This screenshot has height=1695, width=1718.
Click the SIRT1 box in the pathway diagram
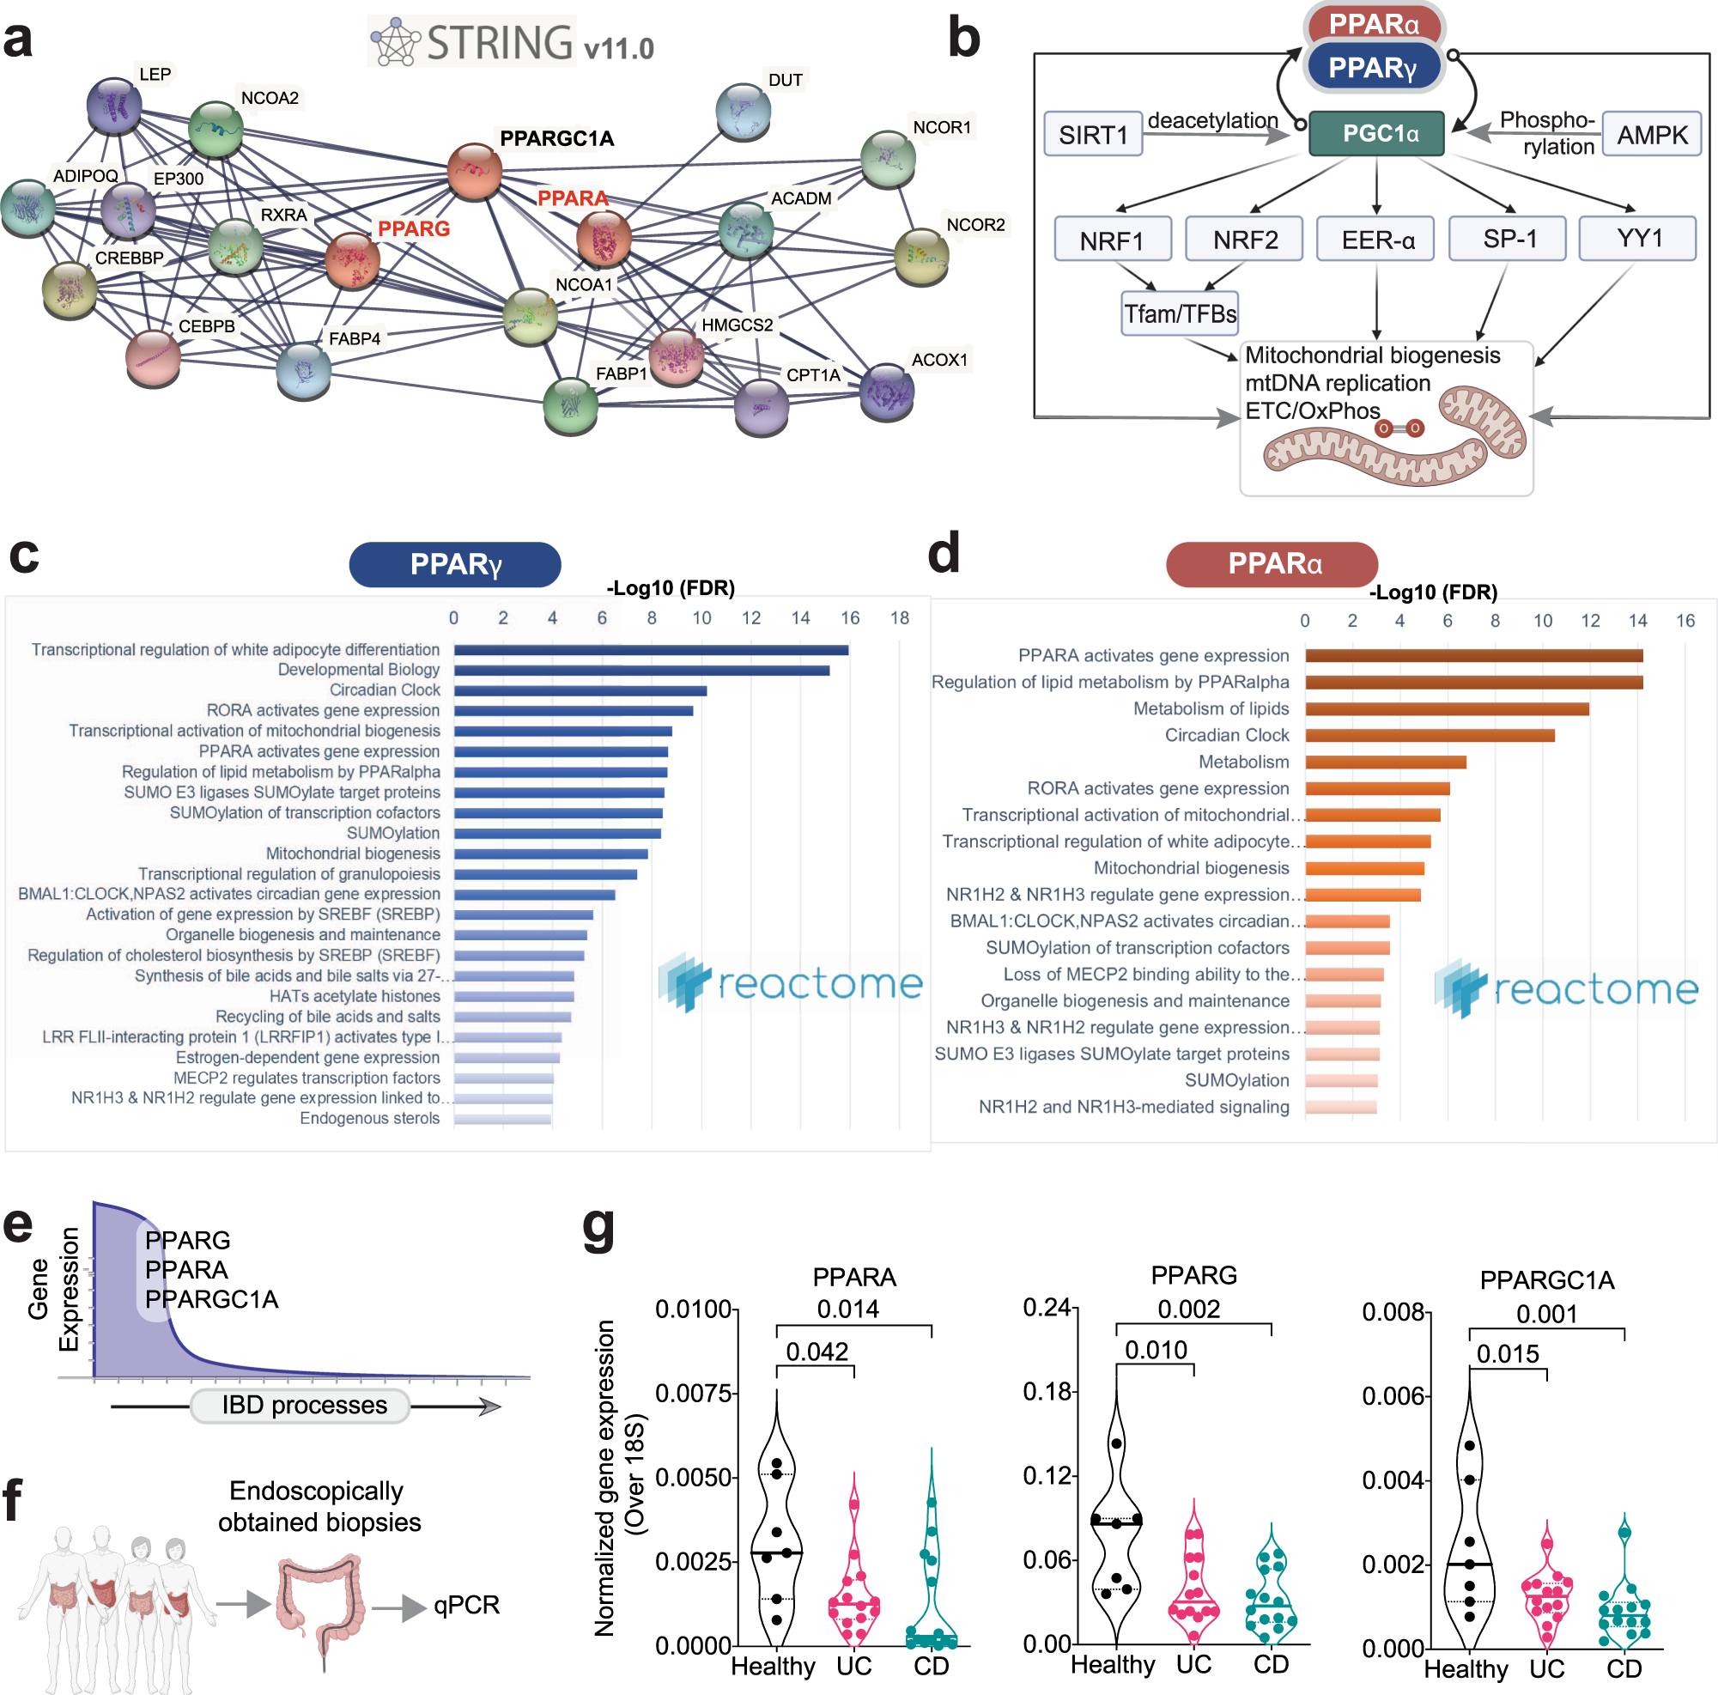pos(1092,134)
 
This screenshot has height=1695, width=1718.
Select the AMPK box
pos(1651,134)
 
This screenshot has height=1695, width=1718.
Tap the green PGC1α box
pos(1376,133)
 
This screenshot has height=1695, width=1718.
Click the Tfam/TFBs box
pos(1179,314)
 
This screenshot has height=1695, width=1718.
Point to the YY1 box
pos(1637,240)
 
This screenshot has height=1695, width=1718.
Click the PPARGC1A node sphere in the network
pos(474,170)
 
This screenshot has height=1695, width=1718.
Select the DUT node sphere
pos(743,111)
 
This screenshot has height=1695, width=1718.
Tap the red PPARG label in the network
pos(414,228)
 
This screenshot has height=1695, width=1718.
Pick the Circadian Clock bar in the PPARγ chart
pos(580,691)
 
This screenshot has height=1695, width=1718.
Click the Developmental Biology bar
pos(641,671)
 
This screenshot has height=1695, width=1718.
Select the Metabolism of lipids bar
pos(1447,708)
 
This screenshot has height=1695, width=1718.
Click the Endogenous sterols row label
pos(369,1119)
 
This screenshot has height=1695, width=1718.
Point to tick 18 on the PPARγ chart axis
pos(899,618)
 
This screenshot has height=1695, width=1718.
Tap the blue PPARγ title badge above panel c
pos(454,565)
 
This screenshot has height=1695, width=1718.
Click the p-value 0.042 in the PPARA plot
pos(817,1352)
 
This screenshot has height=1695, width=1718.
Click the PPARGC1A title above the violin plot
pos(1546,1279)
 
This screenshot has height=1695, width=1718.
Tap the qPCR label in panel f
pos(467,1605)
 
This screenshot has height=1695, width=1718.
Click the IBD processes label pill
pos(304,1405)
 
